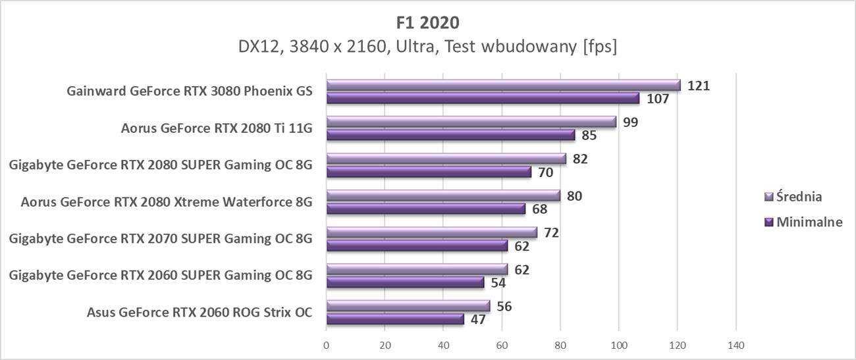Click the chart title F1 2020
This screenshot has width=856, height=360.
[428, 22]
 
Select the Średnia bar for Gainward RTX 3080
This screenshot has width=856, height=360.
[503, 85]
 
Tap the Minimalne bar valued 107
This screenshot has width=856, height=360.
[483, 98]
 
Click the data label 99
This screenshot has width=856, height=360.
[631, 122]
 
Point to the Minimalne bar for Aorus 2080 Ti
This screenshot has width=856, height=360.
[450, 135]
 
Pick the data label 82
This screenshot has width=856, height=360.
[581, 159]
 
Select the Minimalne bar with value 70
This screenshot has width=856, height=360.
[429, 172]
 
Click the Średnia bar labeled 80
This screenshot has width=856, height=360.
[443, 195]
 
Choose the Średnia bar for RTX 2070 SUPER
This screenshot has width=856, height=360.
[431, 232]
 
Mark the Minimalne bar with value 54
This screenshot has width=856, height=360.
[405, 282]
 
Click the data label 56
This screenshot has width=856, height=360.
[505, 306]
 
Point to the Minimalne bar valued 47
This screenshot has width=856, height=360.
[395, 319]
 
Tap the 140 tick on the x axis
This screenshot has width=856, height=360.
[736, 345]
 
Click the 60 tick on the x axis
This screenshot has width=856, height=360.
[502, 345]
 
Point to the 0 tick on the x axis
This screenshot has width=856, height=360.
[327, 345]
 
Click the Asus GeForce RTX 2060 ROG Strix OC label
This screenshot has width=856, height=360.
[199, 312]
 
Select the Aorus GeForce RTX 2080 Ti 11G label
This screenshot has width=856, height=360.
[216, 128]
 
